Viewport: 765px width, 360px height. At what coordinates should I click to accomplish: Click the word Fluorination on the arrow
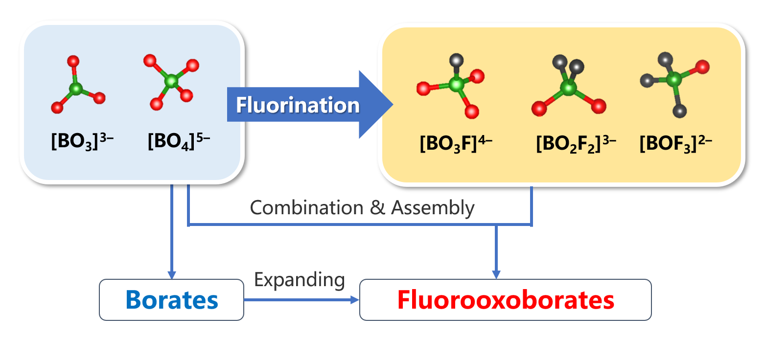pos(298,105)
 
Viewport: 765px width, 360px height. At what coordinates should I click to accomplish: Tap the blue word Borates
pos(171,300)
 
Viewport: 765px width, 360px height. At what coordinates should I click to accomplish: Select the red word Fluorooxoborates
pos(505,300)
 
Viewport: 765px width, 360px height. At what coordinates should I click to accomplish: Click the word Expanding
pos(300,280)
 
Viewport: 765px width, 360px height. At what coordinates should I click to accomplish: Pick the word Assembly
pos(433,208)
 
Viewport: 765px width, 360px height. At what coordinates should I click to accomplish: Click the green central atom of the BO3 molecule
pos(75,89)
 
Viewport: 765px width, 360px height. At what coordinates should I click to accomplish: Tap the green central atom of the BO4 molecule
pos(171,81)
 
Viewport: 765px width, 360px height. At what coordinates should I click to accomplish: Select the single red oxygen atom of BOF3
pos(702,67)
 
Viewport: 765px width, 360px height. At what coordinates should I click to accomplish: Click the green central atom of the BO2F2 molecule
pos(568,89)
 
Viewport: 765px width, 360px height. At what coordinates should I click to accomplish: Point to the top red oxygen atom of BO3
pos(73,61)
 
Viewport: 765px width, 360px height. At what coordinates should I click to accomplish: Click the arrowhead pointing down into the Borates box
pos(171,275)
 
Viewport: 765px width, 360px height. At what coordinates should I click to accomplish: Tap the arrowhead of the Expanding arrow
pos(355,300)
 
